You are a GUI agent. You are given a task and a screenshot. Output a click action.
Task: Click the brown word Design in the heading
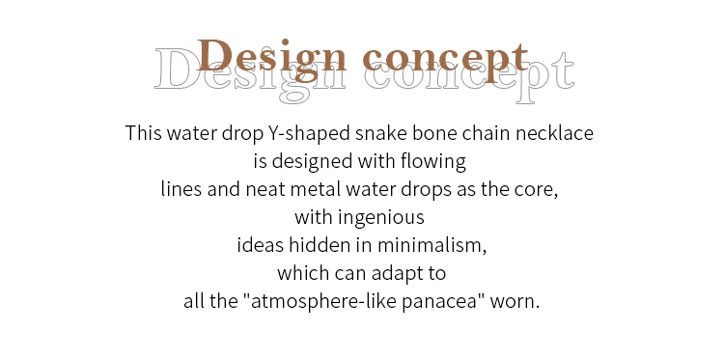[x=272, y=59]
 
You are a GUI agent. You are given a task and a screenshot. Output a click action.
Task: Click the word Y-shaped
[x=309, y=134]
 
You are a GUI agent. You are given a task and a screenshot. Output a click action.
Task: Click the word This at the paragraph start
[x=144, y=133]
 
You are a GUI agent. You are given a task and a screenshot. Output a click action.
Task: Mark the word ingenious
[x=381, y=218]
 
